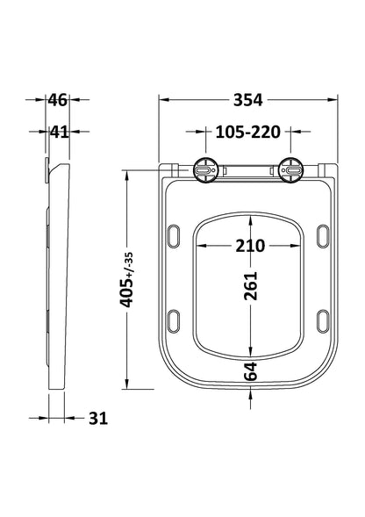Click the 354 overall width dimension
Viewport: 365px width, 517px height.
click(x=248, y=99)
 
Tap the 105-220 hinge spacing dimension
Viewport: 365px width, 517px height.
click(x=248, y=133)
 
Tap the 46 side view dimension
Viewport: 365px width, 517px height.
click(x=57, y=99)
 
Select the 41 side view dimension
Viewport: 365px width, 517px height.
click(x=57, y=133)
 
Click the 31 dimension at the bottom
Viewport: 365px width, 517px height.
click(x=97, y=418)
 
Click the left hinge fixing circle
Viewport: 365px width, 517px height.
click(x=205, y=169)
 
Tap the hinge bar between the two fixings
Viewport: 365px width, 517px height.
click(x=247, y=169)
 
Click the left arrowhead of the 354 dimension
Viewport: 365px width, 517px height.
click(x=163, y=99)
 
